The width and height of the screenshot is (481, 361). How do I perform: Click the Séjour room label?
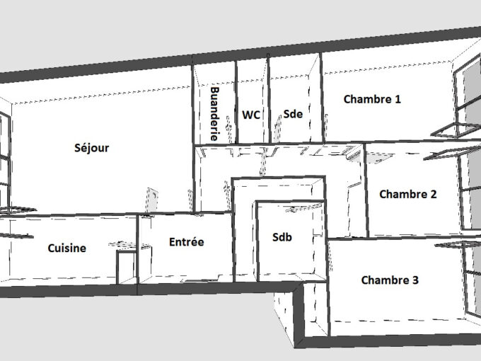[92, 148]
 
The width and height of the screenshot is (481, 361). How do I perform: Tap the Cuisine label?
[67, 248]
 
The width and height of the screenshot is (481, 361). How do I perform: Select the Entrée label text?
[187, 242]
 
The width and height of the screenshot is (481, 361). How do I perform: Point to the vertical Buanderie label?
[214, 114]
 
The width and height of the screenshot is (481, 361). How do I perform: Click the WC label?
[251, 115]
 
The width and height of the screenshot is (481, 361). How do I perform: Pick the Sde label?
[293, 114]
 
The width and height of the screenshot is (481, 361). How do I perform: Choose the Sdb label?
[282, 237]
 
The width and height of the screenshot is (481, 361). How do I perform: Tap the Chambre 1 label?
[372, 99]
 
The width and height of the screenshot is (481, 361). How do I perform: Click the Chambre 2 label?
[408, 194]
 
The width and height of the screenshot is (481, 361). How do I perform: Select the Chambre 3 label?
[390, 280]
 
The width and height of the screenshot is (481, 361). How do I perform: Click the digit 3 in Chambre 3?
[415, 280]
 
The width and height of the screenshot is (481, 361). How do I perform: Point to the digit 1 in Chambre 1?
[398, 99]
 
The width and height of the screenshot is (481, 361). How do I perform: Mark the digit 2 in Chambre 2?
[433, 194]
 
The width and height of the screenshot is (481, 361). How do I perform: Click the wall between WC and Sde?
[269, 98]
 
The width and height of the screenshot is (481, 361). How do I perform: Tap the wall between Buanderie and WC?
[236, 102]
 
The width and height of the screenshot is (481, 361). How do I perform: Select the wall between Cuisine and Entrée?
[137, 249]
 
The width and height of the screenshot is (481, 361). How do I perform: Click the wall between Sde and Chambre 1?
[321, 97]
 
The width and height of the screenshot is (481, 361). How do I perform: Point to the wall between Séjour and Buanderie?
[193, 138]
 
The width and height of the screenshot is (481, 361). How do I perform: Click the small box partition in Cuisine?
[126, 266]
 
